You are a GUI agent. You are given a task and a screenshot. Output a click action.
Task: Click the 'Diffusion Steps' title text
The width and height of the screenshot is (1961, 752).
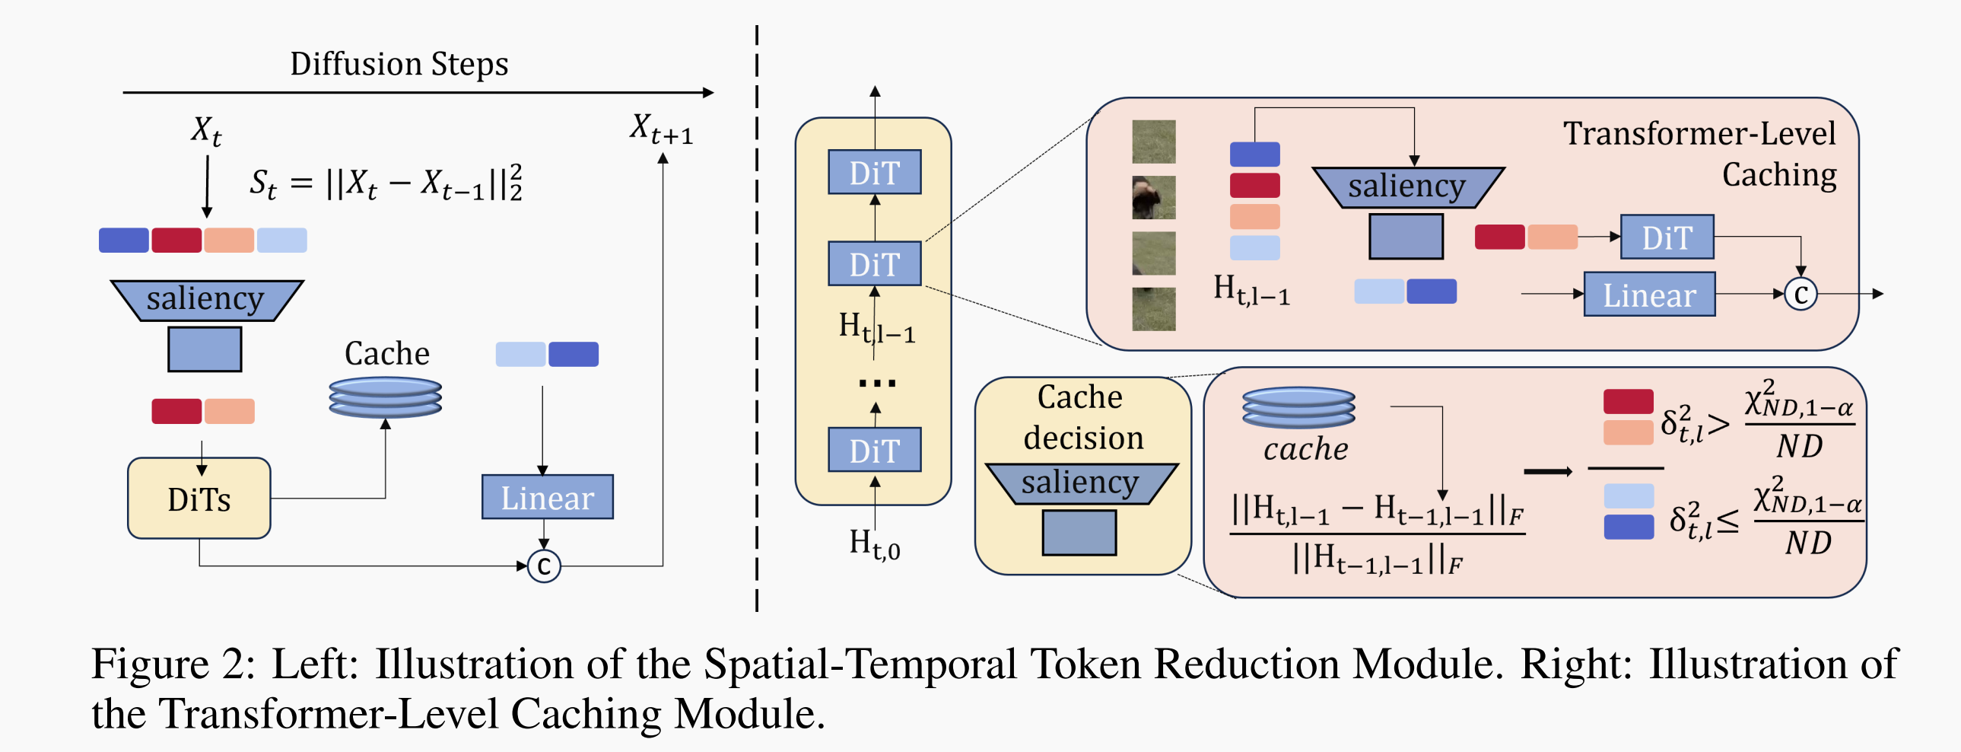[399, 64]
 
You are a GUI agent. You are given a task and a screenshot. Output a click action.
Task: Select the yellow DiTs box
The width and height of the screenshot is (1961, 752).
[199, 499]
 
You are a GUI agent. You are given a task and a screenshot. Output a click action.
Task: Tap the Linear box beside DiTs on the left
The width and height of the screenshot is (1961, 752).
[548, 498]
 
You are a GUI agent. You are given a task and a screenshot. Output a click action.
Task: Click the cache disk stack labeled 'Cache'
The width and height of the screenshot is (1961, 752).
[385, 397]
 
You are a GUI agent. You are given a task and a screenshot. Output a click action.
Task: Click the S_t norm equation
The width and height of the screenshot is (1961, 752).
[386, 183]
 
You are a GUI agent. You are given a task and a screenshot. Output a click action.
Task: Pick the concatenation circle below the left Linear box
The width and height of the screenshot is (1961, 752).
[544, 566]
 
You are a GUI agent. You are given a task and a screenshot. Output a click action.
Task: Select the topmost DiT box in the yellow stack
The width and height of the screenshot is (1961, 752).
[875, 172]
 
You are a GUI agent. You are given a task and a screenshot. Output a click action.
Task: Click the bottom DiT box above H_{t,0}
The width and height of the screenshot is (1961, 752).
[875, 451]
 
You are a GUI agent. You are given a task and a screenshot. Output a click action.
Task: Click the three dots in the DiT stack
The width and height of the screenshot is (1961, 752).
[876, 384]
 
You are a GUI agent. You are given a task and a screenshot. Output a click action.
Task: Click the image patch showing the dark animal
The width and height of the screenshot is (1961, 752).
[1153, 197]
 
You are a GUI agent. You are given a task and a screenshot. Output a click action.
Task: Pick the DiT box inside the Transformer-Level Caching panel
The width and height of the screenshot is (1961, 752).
[1667, 237]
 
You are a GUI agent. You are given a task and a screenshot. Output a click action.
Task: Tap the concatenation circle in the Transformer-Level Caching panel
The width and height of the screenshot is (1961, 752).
[1801, 294]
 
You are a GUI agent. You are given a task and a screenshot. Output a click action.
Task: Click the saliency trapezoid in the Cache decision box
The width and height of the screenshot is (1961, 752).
[1080, 483]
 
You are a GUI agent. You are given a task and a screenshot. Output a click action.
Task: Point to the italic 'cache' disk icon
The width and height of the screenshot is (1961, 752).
[1298, 407]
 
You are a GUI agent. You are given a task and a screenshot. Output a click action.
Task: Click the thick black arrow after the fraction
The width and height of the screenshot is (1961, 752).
[1547, 473]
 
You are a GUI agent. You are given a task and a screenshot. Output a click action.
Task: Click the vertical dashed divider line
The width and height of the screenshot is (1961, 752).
[757, 320]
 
